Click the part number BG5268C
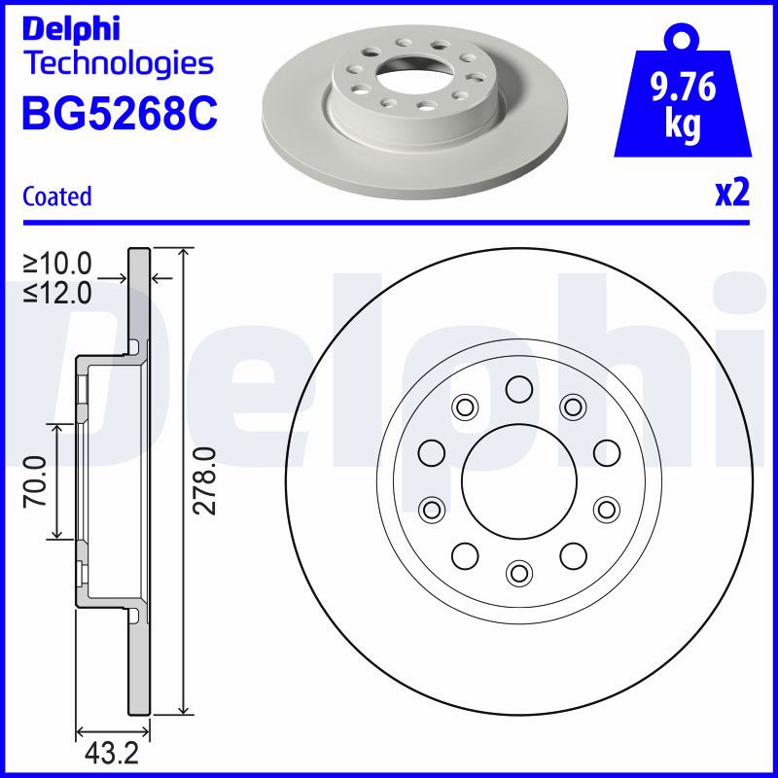click(x=120, y=113)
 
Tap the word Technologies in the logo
click(x=120, y=65)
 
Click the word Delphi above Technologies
click(x=71, y=29)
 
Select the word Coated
click(x=57, y=196)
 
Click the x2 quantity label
click(x=732, y=193)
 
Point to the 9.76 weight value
click(x=684, y=88)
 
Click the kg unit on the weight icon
click(x=683, y=124)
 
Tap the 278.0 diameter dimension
click(x=204, y=480)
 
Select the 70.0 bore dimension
click(x=35, y=481)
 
